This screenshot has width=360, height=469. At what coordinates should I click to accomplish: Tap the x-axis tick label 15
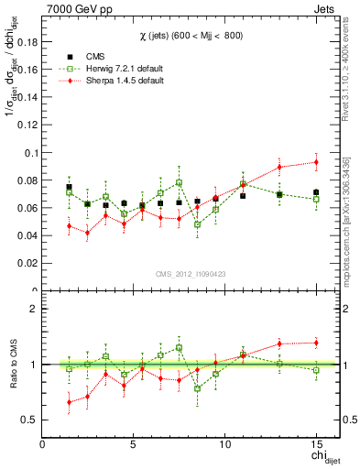316,444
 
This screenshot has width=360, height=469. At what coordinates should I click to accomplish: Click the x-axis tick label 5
134,444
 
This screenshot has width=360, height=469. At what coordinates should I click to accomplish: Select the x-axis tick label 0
43,444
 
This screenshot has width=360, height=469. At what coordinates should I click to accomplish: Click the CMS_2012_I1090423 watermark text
190,272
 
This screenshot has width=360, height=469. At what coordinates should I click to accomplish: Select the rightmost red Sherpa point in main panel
316,162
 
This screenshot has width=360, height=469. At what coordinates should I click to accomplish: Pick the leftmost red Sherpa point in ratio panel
69,401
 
